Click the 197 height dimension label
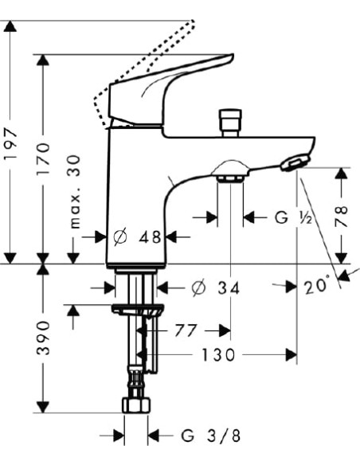(x=10, y=144)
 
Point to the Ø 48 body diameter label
(x=138, y=237)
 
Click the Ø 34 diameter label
(x=215, y=287)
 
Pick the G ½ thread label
(x=293, y=218)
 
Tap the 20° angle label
(x=317, y=285)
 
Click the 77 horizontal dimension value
(x=186, y=330)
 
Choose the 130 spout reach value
(x=218, y=354)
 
